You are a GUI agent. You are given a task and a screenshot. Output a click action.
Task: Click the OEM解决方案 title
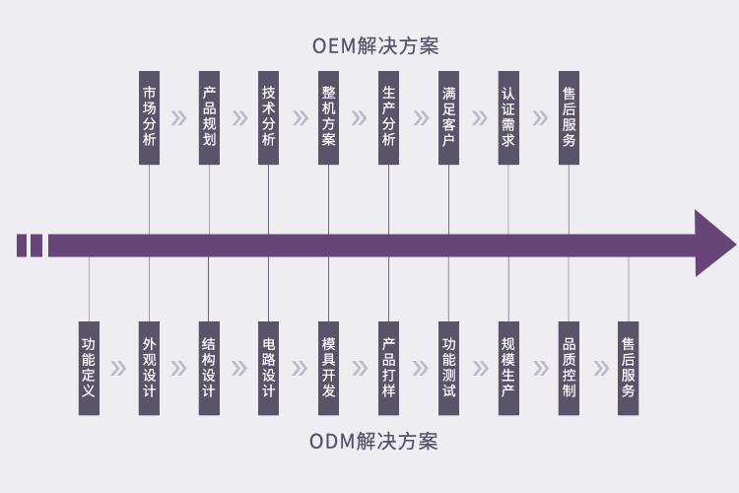(375, 45)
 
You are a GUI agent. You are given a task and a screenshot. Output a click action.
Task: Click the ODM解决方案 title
(373, 442)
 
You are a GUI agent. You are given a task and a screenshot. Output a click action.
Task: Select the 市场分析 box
(149, 118)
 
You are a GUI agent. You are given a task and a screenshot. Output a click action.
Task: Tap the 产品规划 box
(209, 118)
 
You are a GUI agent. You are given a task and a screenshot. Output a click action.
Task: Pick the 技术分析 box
(269, 118)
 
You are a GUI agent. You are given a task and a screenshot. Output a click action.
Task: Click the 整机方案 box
(328, 118)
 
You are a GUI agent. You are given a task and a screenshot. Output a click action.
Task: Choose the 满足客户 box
(448, 118)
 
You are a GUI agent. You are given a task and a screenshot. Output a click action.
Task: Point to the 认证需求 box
(508, 118)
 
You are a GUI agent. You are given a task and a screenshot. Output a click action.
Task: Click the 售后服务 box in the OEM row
(569, 118)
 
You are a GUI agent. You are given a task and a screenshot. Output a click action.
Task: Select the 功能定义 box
(89, 369)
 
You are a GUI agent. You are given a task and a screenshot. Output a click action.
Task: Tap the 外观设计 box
(149, 369)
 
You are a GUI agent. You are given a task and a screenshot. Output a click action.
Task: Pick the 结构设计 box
(209, 369)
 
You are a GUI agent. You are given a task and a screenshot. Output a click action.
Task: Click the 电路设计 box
(269, 369)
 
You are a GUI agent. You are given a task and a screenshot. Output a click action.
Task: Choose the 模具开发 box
(328, 369)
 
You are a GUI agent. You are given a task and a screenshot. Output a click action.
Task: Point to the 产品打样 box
(389, 369)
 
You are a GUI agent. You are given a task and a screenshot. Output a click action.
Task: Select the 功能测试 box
(448, 369)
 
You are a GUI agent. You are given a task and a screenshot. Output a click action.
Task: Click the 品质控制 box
(569, 369)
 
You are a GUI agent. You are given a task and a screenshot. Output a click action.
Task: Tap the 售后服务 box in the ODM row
(629, 369)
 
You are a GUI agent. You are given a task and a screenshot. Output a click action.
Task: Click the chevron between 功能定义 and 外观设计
(119, 369)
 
